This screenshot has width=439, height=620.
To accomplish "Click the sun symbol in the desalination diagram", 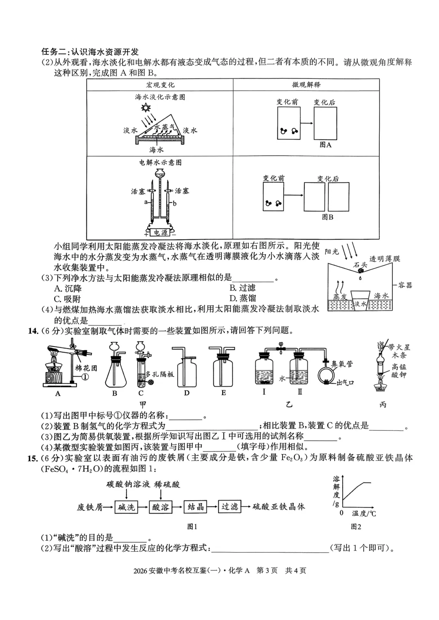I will [146, 108].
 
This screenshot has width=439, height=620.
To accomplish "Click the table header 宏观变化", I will [160, 85].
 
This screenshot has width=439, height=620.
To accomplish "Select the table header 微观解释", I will [306, 85].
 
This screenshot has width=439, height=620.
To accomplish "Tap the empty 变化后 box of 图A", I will [325, 124].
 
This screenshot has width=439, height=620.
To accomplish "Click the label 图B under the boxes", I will [327, 217].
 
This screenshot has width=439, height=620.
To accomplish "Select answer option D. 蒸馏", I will [243, 299].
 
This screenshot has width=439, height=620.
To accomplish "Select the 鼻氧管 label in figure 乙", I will [342, 364].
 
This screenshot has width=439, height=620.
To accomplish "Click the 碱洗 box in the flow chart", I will [126, 507].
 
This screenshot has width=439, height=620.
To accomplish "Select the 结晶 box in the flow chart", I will [196, 507].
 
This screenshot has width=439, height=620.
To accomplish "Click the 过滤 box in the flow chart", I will [230, 507].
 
